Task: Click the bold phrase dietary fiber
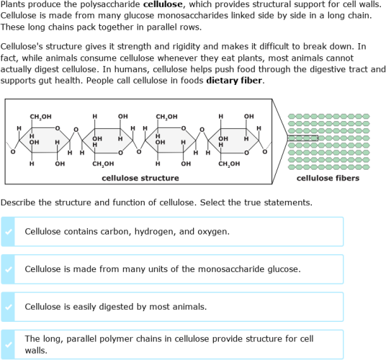[x=235, y=80]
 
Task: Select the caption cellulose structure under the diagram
[x=140, y=178]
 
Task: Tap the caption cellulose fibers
[x=328, y=178]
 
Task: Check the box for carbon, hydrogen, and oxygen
[x=8, y=232]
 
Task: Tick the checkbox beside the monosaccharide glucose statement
[x=8, y=269]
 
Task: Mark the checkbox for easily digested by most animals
[x=8, y=307]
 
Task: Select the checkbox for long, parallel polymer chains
[x=8, y=344]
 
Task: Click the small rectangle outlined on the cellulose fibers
[x=302, y=138]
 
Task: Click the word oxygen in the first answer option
[x=213, y=232]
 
